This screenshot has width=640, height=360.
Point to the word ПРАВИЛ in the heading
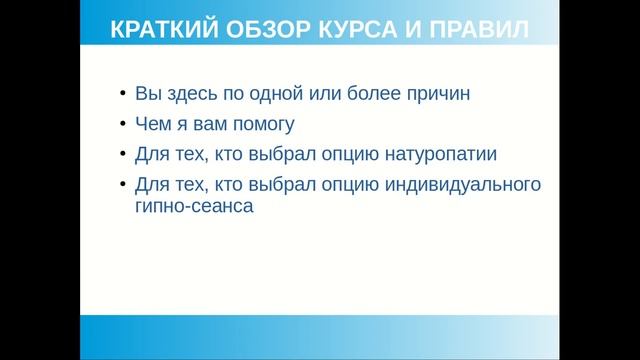(x=474, y=30)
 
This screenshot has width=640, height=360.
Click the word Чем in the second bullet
(x=152, y=125)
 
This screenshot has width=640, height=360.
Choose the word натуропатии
(x=441, y=155)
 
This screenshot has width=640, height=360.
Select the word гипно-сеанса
(x=187, y=207)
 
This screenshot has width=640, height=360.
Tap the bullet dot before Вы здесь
(x=122, y=96)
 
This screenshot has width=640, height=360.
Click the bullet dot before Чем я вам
(x=122, y=126)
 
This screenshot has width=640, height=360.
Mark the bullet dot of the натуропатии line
(x=122, y=156)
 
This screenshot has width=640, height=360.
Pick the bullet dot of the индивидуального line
(x=122, y=186)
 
